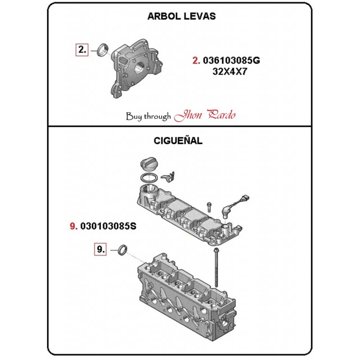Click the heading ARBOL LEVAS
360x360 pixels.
pos(181,16)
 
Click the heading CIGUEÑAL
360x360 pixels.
pos(178,140)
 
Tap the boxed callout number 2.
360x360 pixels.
pos(82,49)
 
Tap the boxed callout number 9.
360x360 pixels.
pos(100,249)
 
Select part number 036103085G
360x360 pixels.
pos(231,60)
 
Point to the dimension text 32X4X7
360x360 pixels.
pos(229,72)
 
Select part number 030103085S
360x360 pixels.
pos(108,226)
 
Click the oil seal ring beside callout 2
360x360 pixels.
pos(103,49)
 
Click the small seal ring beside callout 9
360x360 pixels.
pos(123,250)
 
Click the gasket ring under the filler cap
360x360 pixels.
pos(149,178)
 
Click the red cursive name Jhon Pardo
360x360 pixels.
pos(205,115)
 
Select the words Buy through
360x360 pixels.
pos(148,117)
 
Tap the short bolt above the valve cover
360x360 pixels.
pos(209,207)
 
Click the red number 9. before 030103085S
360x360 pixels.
pos(74,226)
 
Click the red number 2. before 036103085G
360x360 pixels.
pos(196,60)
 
